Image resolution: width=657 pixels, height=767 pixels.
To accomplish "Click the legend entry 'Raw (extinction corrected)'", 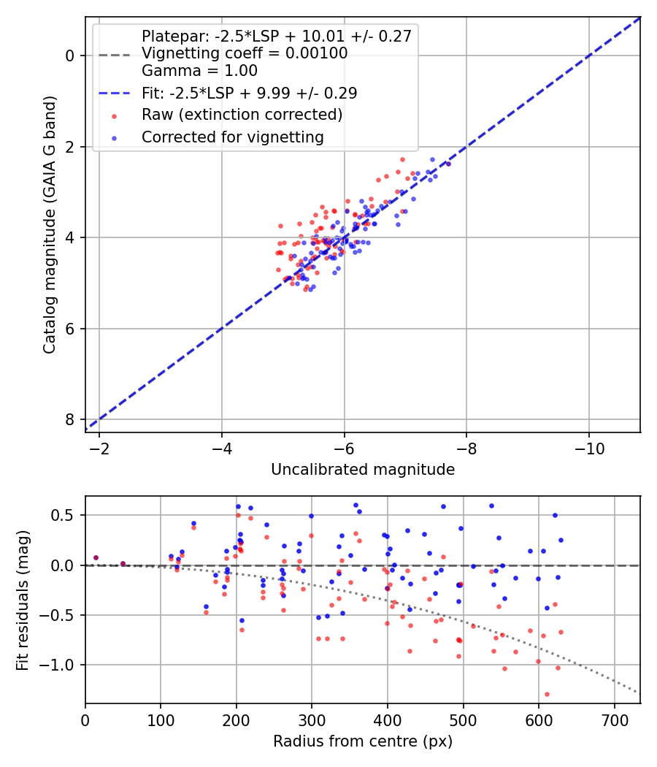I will click(x=242, y=115).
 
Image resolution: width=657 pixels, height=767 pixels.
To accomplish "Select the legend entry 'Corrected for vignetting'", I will click(x=232, y=137).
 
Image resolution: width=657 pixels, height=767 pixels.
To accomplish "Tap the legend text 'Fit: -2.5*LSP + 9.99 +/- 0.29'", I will click(x=249, y=93).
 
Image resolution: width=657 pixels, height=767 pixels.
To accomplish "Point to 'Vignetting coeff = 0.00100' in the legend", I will click(x=245, y=53).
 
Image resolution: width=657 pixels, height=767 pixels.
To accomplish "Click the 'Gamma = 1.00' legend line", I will click(x=199, y=71).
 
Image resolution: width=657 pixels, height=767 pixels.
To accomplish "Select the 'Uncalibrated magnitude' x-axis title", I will click(x=363, y=470).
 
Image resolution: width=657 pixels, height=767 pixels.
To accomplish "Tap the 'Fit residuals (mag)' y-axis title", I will click(x=23, y=600).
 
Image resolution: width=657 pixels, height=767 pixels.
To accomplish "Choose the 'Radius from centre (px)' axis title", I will click(x=363, y=741).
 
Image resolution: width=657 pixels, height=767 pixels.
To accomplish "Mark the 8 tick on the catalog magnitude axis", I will click(x=69, y=419).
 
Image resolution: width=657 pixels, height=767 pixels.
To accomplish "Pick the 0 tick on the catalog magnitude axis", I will click(x=69, y=56).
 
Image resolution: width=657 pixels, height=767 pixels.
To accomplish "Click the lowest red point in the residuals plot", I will click(x=547, y=694).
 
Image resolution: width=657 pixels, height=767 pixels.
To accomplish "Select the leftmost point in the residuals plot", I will click(x=96, y=557).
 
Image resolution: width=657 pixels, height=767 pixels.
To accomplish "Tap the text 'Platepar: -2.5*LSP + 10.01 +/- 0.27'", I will click(x=277, y=36).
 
